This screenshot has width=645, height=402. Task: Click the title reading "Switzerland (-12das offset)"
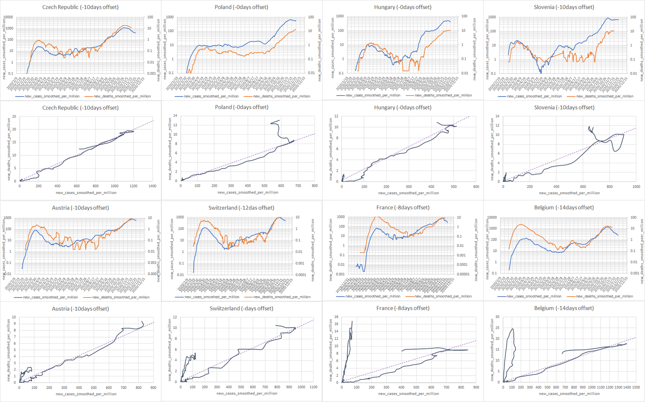click(241, 208)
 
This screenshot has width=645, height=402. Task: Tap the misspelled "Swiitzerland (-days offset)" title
click(241, 308)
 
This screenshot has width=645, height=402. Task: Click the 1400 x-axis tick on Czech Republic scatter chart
click(152, 186)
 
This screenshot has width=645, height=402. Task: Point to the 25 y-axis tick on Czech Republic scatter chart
click(14, 116)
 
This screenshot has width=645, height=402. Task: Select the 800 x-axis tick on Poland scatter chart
click(315, 185)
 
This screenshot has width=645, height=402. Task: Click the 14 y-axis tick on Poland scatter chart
click(175, 115)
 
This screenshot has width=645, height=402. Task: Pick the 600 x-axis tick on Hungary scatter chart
click(476, 187)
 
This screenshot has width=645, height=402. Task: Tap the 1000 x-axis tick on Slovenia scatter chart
click(636, 187)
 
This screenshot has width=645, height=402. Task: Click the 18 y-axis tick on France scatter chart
click(336, 317)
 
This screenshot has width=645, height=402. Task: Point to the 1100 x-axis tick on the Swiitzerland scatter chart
click(313, 387)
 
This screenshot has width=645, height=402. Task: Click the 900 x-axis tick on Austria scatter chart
click(153, 388)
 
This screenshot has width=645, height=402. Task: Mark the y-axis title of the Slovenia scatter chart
click(492, 149)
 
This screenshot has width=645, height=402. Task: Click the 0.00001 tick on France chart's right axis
click(463, 274)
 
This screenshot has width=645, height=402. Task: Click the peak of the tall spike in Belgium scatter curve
click(512, 329)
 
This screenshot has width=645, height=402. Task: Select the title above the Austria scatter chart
click(80, 308)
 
